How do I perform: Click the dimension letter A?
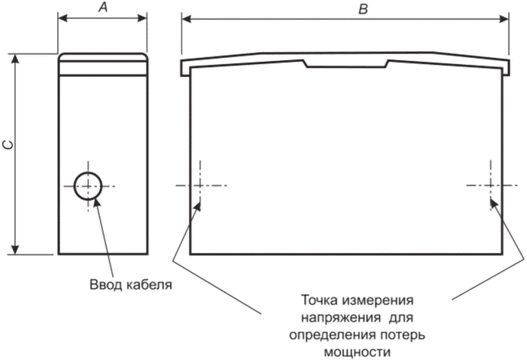pos(103,7)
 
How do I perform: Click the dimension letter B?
pos(363,8)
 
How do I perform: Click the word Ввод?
pos(106,284)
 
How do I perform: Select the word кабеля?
pos(149,284)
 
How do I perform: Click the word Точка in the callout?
pos(319,300)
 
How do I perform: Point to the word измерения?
pos(378,301)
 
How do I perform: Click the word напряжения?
pos(341,318)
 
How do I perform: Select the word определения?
pos(333,336)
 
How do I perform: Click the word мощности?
pos(357,352)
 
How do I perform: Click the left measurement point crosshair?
pos(200,185)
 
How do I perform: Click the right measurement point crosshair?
pos(490,185)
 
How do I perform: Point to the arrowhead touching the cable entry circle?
pos(97,203)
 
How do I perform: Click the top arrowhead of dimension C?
pos(14,59)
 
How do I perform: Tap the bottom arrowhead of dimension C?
pos(14,249)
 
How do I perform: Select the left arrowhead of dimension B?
pos(187,19)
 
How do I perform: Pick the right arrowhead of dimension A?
pos(142,18)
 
